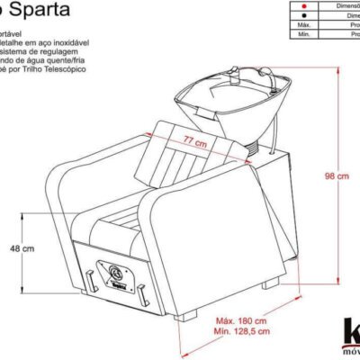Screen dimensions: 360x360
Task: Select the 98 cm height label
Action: (337, 176)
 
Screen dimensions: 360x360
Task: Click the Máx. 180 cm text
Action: (243, 320)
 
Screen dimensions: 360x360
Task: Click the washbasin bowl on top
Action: (238, 103)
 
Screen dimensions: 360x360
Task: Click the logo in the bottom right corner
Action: (349, 335)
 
